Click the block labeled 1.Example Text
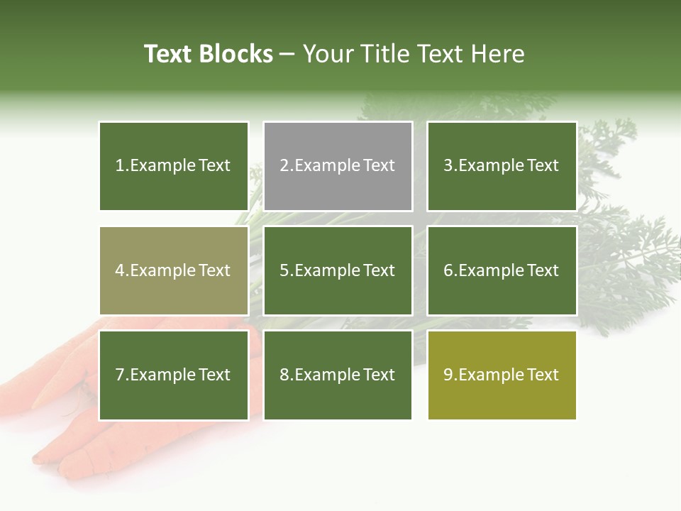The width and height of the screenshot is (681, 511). pyautogui.click(x=174, y=166)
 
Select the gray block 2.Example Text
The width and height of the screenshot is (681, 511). pyautogui.click(x=338, y=166)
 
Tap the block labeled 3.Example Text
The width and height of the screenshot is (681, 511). pyautogui.click(x=502, y=166)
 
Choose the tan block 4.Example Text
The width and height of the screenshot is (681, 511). pyautogui.click(x=174, y=270)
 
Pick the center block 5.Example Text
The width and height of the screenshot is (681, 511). pyautogui.click(x=338, y=270)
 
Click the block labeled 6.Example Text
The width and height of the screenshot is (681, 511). pyautogui.click(x=502, y=270)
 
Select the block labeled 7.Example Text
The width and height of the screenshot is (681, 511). pyautogui.click(x=174, y=375)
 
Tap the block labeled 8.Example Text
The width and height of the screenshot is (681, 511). pyautogui.click(x=338, y=375)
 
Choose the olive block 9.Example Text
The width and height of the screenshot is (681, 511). pyautogui.click(x=502, y=375)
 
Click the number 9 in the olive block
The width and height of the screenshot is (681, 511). pyautogui.click(x=448, y=375)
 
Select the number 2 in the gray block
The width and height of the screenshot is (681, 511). pyautogui.click(x=284, y=166)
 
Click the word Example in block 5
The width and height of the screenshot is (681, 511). pyautogui.click(x=327, y=270)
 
